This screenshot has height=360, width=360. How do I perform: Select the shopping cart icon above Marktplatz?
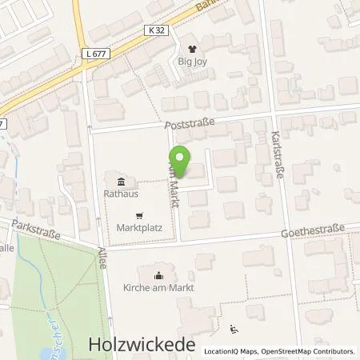pyautogui.click(x=140, y=214)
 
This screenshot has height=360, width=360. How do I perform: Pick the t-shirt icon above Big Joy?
pyautogui.click(x=190, y=47)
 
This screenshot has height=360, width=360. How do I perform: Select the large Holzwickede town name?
pyautogui.click(x=141, y=344)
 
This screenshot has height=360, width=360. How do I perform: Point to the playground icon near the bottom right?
pyautogui.click(x=234, y=329)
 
